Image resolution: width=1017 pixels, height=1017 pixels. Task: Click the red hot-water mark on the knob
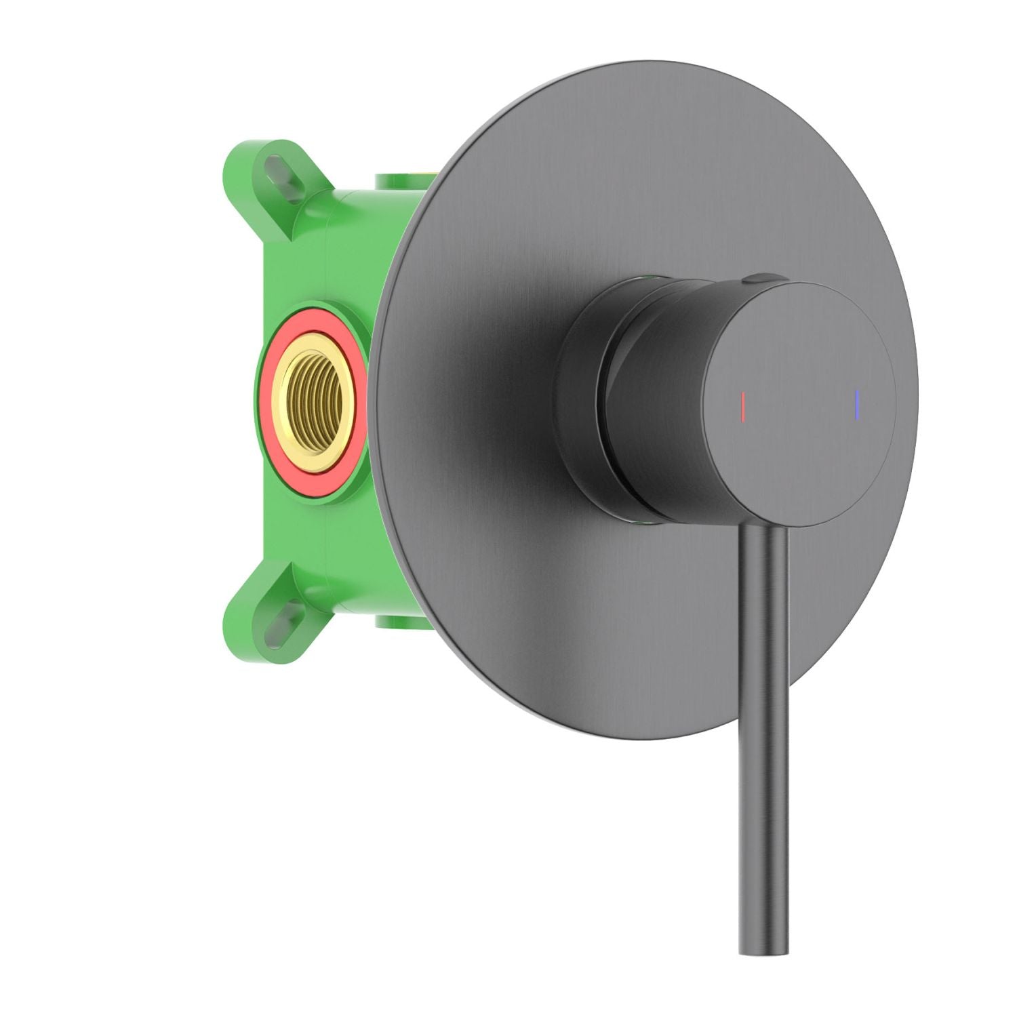(744, 405)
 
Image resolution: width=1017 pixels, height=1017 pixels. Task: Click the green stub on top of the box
(400, 182)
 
